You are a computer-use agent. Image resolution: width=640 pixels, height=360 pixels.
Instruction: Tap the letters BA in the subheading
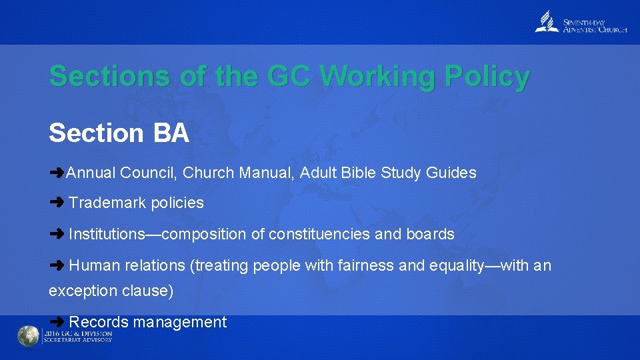tap(171, 133)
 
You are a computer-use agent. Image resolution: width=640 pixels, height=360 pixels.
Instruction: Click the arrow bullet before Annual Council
tap(57, 173)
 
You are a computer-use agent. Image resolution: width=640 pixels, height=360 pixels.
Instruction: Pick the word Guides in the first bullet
tap(451, 173)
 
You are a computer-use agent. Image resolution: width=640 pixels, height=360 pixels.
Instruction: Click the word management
tap(180, 322)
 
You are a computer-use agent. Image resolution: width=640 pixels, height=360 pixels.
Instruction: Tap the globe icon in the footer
tap(28, 336)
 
